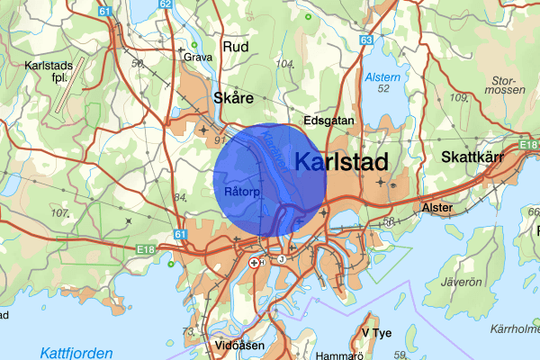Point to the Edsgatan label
click(x=329, y=120)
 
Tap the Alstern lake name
click(x=381, y=78)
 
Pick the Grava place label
click(x=198, y=56)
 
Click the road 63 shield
click(x=365, y=40)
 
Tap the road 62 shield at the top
click(x=165, y=4)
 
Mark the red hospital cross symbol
click(x=255, y=263)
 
